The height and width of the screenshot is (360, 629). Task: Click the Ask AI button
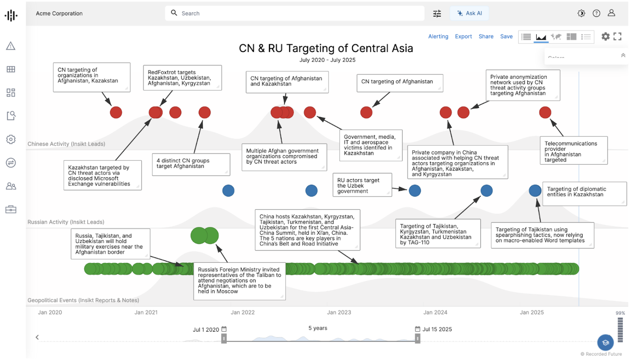(x=470, y=13)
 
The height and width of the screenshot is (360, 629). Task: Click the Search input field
(x=295, y=13)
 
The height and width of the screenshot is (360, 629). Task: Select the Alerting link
(x=438, y=37)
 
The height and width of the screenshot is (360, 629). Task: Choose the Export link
(x=463, y=37)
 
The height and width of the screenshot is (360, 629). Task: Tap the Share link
(x=486, y=37)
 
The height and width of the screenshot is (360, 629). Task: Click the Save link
(x=506, y=37)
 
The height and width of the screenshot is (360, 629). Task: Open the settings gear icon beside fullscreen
(x=605, y=37)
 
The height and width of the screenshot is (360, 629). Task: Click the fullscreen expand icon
(x=617, y=37)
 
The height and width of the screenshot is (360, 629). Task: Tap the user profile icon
(x=611, y=13)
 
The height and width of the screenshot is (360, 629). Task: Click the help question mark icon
(x=596, y=13)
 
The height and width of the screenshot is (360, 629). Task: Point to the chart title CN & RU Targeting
(x=326, y=48)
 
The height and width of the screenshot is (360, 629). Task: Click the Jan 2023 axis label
(x=339, y=312)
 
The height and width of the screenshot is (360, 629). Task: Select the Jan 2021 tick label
(x=146, y=312)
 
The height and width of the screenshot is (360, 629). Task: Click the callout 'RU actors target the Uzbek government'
(x=362, y=186)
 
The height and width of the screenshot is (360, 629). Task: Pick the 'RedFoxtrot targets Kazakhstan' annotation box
(x=182, y=78)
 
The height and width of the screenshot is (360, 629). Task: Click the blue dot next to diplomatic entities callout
(x=535, y=191)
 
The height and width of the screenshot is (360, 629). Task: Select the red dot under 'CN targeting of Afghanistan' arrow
(x=366, y=112)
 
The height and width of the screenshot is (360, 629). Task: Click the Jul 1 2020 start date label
(x=206, y=330)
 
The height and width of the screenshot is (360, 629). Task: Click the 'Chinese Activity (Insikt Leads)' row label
(x=66, y=144)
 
